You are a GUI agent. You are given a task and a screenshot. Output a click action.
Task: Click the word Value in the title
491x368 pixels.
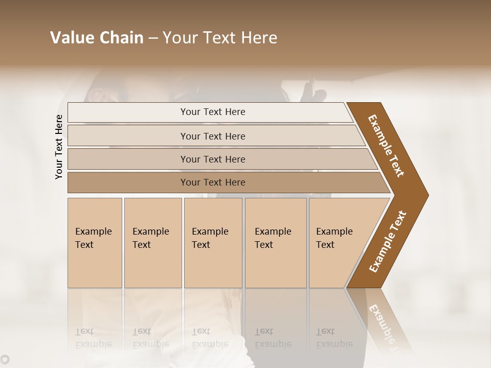[70, 38]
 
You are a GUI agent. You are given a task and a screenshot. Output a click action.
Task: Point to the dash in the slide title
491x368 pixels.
[153, 38]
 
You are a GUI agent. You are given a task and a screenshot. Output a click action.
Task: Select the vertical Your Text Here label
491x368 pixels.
[59, 147]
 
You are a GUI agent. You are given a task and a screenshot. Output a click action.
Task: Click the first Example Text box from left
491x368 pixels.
[95, 242]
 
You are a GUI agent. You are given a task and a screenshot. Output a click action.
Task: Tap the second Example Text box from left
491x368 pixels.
[152, 242]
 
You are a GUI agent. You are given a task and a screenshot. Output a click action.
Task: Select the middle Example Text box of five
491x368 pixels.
[212, 242]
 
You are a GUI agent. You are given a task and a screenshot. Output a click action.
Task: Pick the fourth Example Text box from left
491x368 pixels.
[275, 242]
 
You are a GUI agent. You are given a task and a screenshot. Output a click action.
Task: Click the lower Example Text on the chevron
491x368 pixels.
[388, 241]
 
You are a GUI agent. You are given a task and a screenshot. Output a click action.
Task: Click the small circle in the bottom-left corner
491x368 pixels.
[5, 359]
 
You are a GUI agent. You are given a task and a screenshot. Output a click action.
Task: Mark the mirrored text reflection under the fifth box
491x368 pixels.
[334, 338]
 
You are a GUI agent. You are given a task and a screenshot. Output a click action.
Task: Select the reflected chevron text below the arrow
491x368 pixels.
[387, 325]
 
